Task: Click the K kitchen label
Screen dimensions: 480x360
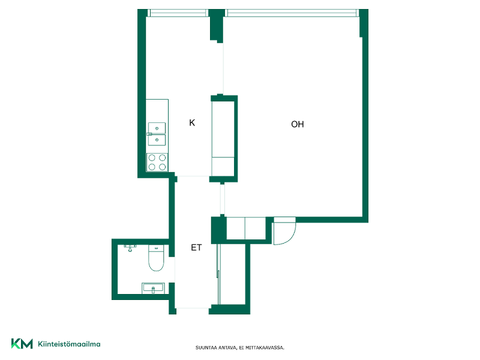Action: coord(192,123)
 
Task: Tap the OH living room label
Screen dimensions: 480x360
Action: coord(297,124)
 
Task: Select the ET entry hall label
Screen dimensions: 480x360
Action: coord(196,247)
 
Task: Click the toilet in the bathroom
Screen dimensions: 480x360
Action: coord(156,257)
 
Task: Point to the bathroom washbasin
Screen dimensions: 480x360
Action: coord(154,288)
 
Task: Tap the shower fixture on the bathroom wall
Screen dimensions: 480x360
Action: coord(130,248)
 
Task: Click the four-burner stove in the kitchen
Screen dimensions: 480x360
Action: coord(157,162)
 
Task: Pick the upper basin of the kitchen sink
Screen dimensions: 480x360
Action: coord(157,128)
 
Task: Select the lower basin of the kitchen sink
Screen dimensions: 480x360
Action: coord(157,140)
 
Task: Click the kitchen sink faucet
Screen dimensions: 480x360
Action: coord(149,134)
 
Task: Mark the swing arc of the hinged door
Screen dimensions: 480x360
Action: coord(292,236)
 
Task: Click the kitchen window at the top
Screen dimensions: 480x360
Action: coord(178,13)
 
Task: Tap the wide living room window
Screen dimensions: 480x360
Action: coord(292,13)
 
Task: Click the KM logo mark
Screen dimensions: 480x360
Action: coord(22,343)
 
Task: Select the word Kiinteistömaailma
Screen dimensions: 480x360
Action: coord(69,344)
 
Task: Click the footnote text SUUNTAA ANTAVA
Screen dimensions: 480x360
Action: coord(216,348)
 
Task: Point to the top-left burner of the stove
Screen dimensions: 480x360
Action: coord(152,158)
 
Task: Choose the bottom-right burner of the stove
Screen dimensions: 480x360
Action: coord(163,167)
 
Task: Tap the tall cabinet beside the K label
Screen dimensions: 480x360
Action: coord(223,139)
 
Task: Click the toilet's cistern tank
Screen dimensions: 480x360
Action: coord(156,248)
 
